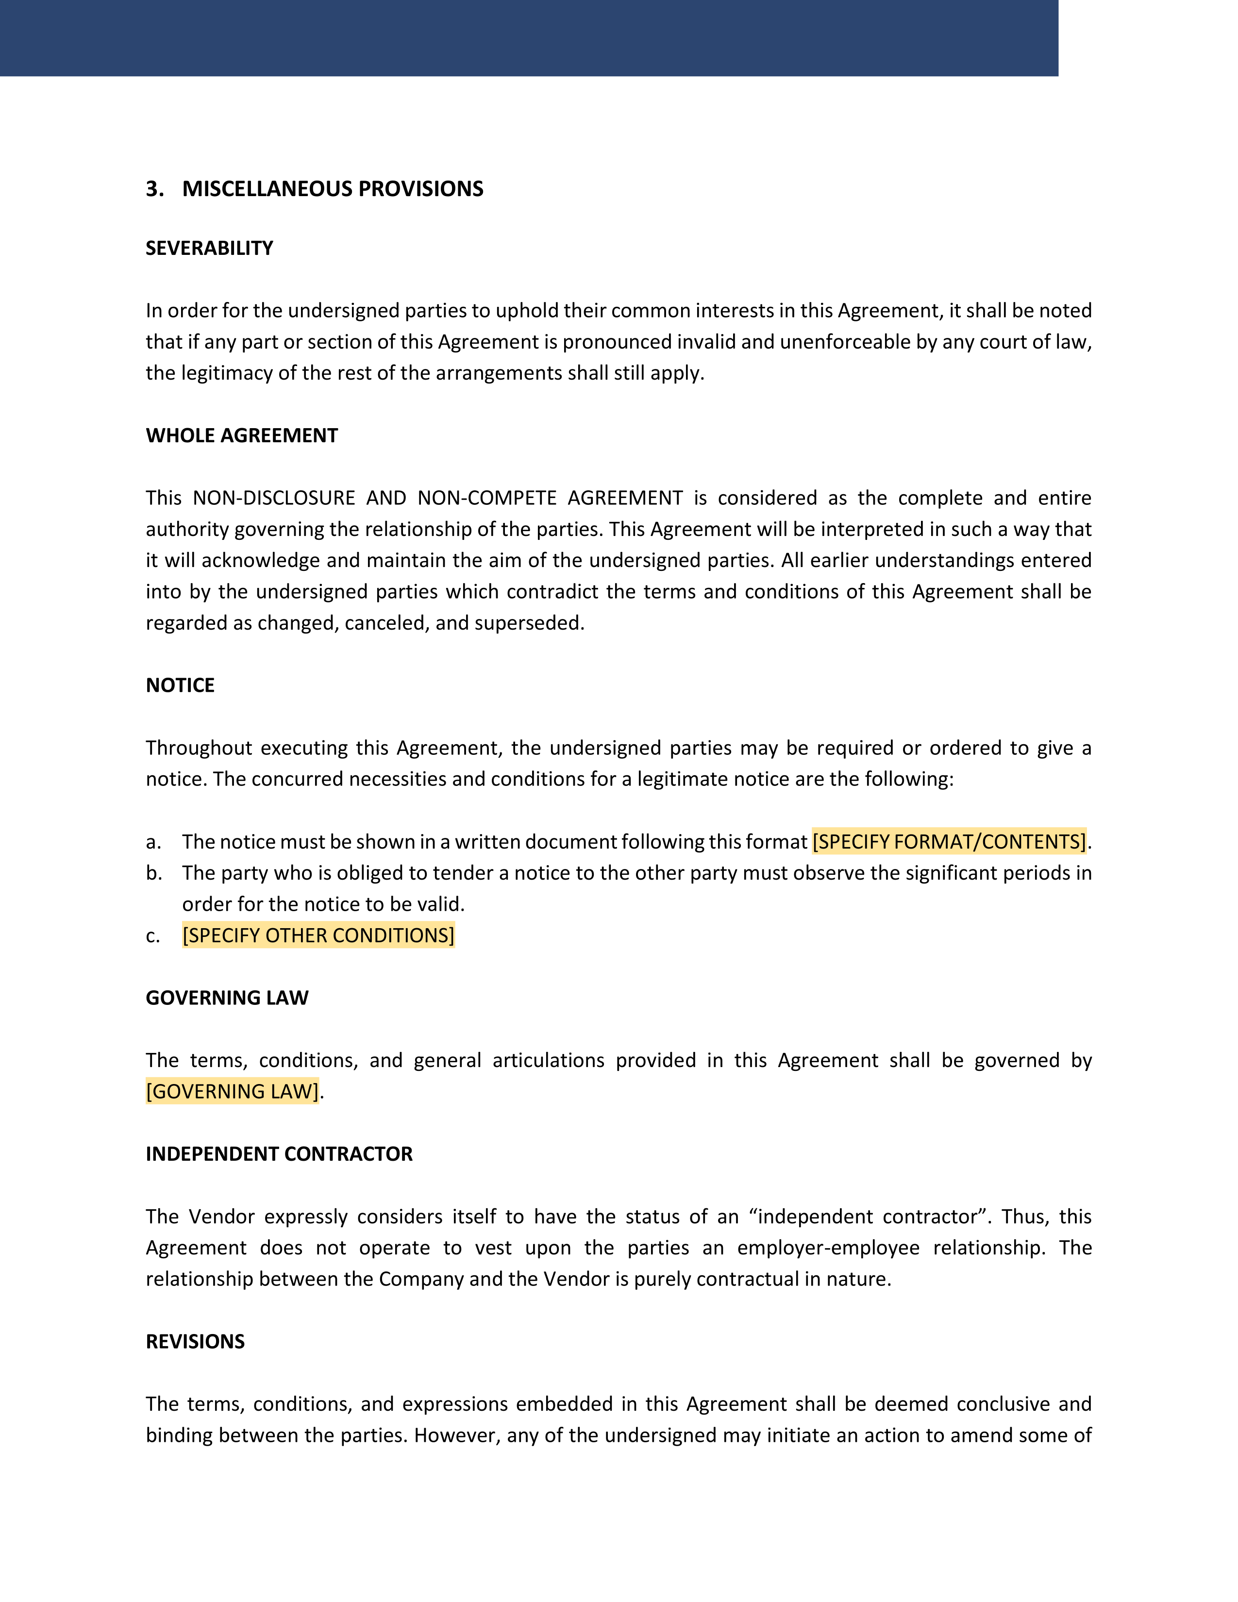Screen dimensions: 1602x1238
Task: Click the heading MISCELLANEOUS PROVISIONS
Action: coord(332,189)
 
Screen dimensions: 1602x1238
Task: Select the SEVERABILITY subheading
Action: coord(209,249)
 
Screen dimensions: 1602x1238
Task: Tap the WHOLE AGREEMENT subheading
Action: coord(241,436)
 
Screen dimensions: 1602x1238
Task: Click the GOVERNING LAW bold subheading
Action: coord(227,998)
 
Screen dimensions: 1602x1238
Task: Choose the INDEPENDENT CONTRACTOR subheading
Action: coord(279,1154)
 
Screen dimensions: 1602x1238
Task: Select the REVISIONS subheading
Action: coord(195,1342)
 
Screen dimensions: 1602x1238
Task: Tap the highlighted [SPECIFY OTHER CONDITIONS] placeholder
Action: coord(318,935)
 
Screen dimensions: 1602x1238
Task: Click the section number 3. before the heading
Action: coord(154,189)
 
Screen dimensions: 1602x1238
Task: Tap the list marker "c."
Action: coord(152,936)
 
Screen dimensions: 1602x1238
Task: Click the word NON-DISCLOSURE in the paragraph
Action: coord(273,498)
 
